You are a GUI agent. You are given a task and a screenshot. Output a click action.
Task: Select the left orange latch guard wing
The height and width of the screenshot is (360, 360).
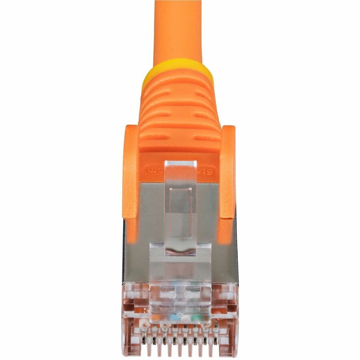tap(130, 172)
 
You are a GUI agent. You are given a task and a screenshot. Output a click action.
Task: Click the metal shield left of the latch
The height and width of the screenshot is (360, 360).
tap(148, 224)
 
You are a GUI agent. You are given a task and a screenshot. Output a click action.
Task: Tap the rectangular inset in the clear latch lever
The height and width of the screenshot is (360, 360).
tap(180, 218)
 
